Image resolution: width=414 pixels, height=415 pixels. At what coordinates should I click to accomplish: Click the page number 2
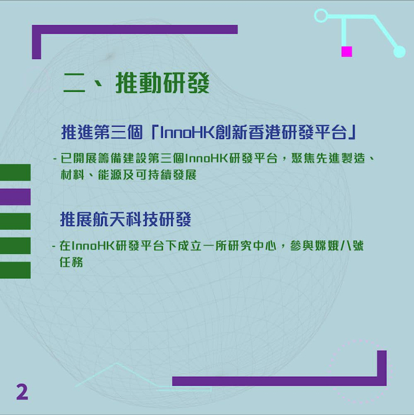tap(22, 391)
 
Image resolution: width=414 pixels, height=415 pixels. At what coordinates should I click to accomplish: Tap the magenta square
tap(346, 52)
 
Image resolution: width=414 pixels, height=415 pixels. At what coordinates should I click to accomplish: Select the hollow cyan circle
tap(321, 15)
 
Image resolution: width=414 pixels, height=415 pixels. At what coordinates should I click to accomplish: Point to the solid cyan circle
tap(399, 52)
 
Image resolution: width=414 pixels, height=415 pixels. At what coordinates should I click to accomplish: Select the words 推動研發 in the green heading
tap(162, 82)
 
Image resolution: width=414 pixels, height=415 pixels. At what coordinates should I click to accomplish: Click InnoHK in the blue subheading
tap(188, 132)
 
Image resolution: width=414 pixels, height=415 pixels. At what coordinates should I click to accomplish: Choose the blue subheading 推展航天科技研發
tap(126, 219)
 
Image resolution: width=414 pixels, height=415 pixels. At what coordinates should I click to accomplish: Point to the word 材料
tap(72, 175)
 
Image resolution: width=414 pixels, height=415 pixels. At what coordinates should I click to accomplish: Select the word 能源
tap(109, 175)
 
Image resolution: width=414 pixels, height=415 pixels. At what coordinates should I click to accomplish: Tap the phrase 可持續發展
tap(166, 175)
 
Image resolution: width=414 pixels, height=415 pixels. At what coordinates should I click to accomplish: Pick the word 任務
tap(71, 262)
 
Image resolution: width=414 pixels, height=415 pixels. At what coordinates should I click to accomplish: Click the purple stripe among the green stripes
tap(15, 197)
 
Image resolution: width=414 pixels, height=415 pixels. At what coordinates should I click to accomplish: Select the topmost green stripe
tap(15, 172)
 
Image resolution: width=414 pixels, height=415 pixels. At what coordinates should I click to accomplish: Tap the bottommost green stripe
tap(15, 270)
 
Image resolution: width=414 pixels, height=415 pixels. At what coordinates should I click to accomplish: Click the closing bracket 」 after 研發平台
tap(353, 132)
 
